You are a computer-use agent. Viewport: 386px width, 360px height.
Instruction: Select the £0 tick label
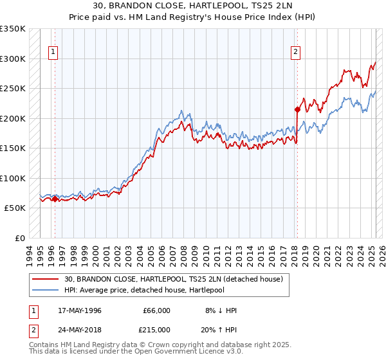[x=19, y=238]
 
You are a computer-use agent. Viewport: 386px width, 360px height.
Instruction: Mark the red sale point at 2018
[x=297, y=109]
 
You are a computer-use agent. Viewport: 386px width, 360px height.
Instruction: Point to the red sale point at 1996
[x=55, y=199]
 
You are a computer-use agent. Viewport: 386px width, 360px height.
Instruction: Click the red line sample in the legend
[x=46, y=279]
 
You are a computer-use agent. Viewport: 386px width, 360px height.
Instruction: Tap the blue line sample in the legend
[x=46, y=290]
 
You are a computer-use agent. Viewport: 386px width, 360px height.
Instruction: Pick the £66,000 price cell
[x=157, y=310]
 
